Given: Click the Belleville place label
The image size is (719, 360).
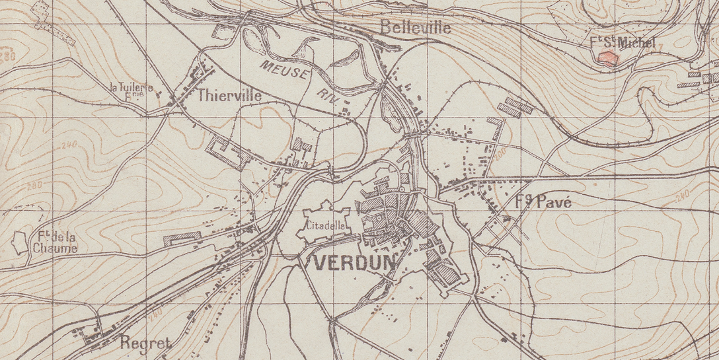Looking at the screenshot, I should [x=416, y=28].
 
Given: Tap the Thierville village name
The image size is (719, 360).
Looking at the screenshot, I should [x=229, y=96].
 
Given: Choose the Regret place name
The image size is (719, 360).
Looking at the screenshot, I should [x=145, y=342].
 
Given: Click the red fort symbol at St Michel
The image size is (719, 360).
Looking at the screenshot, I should [x=607, y=57].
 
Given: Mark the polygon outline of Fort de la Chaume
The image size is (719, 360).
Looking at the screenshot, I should [x=21, y=243].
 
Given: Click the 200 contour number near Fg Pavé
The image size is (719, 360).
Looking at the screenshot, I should [x=498, y=153].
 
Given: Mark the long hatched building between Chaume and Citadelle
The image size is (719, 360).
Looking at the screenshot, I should [x=181, y=237].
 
